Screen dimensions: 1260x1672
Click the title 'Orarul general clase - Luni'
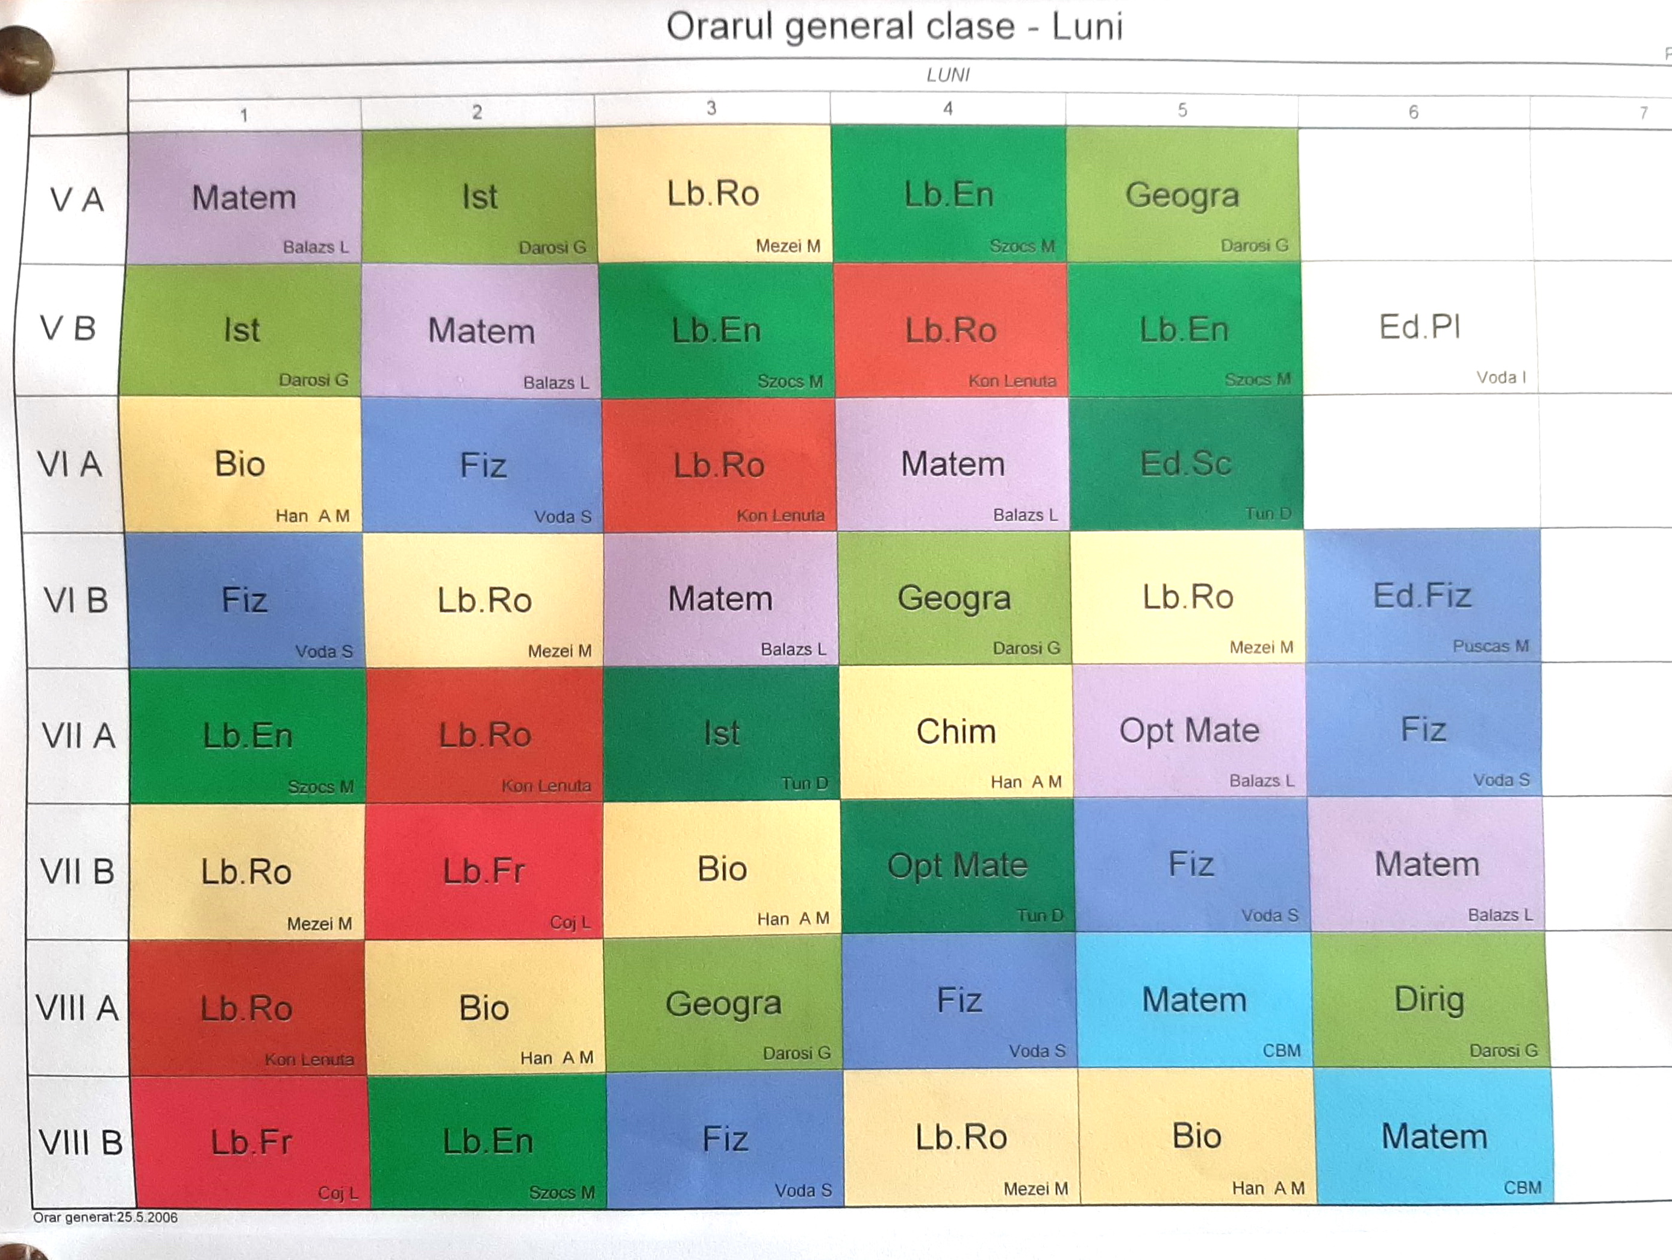pyautogui.click(x=894, y=27)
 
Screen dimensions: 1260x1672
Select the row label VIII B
pyautogui.click(x=81, y=1142)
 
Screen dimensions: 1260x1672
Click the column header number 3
pyautogui.click(x=711, y=108)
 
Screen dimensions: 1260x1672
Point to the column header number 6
pyautogui.click(x=1413, y=113)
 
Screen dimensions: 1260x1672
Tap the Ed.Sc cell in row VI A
pyautogui.click(x=1185, y=463)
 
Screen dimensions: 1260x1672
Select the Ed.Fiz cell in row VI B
pyautogui.click(x=1422, y=596)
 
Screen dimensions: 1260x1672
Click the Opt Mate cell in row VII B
pyautogui.click(x=957, y=865)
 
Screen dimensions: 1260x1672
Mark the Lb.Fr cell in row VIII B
pyautogui.click(x=251, y=1141)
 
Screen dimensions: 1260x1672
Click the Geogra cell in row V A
pyautogui.click(x=1182, y=195)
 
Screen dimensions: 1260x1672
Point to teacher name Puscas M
pyautogui.click(x=1490, y=646)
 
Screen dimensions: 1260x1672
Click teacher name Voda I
pyautogui.click(x=1500, y=377)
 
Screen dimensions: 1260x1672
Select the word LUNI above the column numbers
pyautogui.click(x=948, y=75)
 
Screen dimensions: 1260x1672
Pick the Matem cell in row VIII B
pyautogui.click(x=1434, y=1137)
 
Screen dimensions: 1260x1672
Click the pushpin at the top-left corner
pyautogui.click(x=24, y=59)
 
